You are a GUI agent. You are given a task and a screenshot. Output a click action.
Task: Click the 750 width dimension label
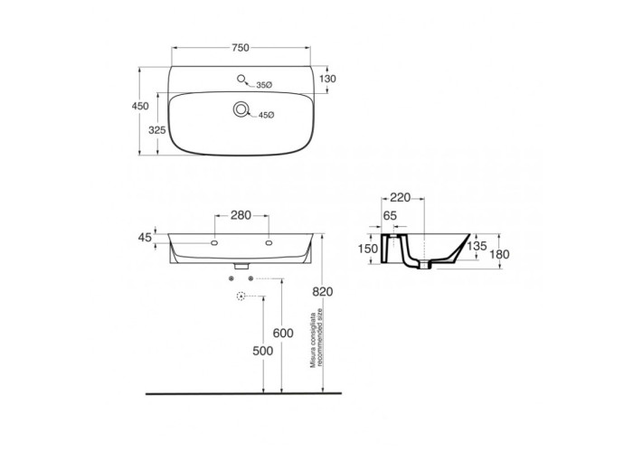coord(241,48)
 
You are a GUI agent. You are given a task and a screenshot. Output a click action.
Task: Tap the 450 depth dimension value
coord(140,106)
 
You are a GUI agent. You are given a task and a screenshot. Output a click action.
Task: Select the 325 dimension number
coord(157,130)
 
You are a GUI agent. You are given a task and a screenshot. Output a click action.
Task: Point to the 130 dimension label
coord(327,79)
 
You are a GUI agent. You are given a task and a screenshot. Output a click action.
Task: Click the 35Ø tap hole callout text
coord(264,85)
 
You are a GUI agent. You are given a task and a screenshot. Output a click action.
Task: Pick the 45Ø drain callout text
coord(267,115)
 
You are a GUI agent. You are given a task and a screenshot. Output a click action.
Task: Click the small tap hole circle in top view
coord(241,79)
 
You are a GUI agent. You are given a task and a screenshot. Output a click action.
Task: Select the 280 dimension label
coord(241,215)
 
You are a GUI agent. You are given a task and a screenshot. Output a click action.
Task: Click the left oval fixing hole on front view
coord(214,243)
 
